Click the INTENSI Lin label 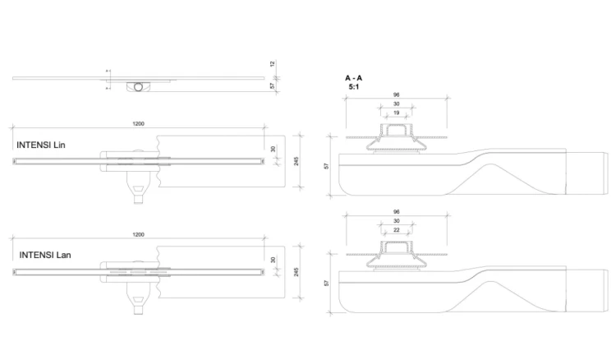pos(41,145)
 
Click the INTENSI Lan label pos(45,255)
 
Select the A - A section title pos(353,78)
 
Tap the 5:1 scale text pos(353,87)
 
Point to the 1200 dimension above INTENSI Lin pos(138,124)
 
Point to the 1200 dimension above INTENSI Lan pos(138,234)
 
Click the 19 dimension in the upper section pos(397,113)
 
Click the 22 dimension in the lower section pos(397,230)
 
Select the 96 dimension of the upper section pos(397,95)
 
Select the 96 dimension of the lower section pos(397,212)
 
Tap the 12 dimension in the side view pos(273,63)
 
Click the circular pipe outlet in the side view pos(138,87)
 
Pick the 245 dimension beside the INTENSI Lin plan pos(297,161)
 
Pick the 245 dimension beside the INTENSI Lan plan pos(297,272)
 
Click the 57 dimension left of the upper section pos(326,166)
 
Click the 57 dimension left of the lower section pos(326,283)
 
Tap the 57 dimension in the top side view pos(273,85)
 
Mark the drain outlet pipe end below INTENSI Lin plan pos(138,200)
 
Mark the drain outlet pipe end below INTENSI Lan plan pos(138,311)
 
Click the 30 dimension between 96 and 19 pos(397,104)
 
